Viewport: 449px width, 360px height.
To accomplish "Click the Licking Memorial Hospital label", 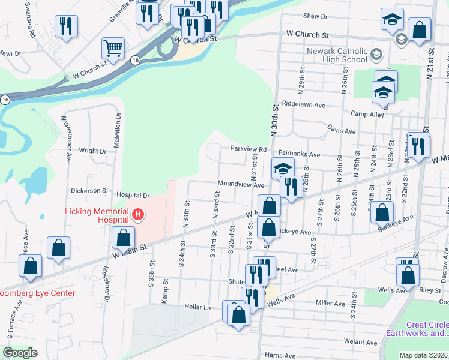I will pyautogui.click(x=97, y=216).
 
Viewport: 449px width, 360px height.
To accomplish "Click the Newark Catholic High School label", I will pyautogui.click(x=336, y=55).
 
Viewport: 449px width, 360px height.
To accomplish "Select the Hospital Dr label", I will pyautogui.click(x=133, y=196).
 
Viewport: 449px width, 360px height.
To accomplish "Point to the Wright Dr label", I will pyautogui.click(x=92, y=151).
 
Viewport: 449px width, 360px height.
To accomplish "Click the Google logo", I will pyautogui.click(x=20, y=353).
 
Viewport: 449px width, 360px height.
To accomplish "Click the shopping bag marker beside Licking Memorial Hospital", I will pyautogui.click(x=123, y=238).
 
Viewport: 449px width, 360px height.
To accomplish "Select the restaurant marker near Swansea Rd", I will pyautogui.click(x=65, y=26).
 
